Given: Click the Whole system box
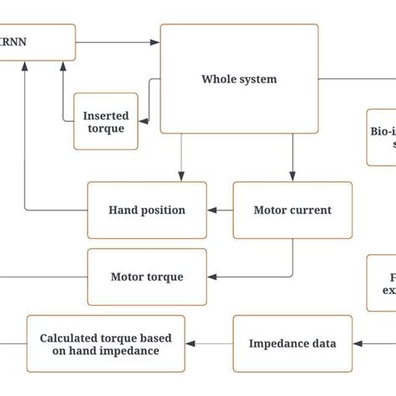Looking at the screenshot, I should tap(239, 79).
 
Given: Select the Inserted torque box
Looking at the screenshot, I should tap(105, 121).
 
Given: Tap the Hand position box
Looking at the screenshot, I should tap(147, 210).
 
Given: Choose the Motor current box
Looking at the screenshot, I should tap(292, 210).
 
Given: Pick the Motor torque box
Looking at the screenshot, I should tap(147, 277).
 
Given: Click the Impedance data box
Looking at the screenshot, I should tap(292, 343).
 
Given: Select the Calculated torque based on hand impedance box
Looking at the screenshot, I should tap(106, 343).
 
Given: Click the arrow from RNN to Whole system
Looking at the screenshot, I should tap(117, 40).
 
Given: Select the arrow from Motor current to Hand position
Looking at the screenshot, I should tap(220, 210).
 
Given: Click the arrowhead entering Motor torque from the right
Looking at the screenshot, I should tap(212, 277).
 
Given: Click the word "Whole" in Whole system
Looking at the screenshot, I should tap(219, 79).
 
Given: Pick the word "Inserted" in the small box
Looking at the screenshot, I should tap(106, 114).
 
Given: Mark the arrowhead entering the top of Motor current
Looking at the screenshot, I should tap(292, 177).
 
